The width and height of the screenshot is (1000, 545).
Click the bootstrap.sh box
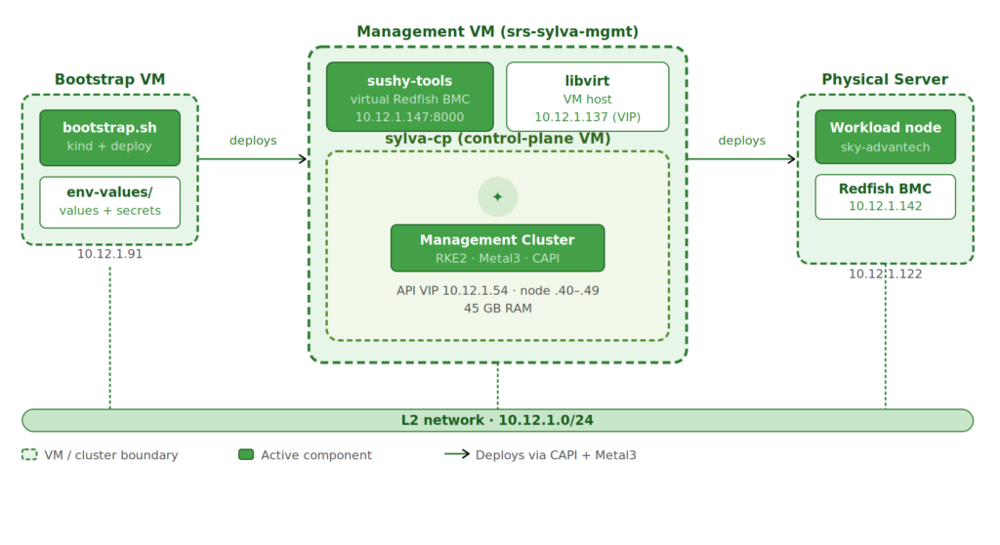[x=109, y=137]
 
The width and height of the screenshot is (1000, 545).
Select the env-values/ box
[x=109, y=201]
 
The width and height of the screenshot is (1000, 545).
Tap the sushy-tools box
[x=409, y=97]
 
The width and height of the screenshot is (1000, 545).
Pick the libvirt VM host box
[x=587, y=97]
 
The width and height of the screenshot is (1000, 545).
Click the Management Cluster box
[x=497, y=248]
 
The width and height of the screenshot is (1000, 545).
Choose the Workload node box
[x=885, y=137]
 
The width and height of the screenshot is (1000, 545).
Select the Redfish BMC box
[x=885, y=196]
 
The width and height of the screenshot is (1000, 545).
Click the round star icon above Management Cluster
[x=497, y=196]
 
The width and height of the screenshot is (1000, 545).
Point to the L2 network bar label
[x=497, y=420]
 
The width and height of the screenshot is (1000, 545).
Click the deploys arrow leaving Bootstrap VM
[x=253, y=158]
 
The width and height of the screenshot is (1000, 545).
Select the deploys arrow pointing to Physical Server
[x=741, y=158]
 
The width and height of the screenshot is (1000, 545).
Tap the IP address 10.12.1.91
[x=109, y=254]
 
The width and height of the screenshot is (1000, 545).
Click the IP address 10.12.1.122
[x=885, y=273]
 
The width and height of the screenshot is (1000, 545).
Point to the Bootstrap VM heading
[x=109, y=79]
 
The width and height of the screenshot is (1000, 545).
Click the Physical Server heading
[x=885, y=79]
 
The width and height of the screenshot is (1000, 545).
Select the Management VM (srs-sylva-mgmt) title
[x=497, y=31]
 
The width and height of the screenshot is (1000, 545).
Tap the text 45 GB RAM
[x=497, y=309]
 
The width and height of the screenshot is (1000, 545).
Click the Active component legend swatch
[x=246, y=454]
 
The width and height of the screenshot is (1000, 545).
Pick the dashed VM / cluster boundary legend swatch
[x=29, y=454]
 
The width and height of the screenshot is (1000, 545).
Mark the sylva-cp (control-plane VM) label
[x=497, y=139]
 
